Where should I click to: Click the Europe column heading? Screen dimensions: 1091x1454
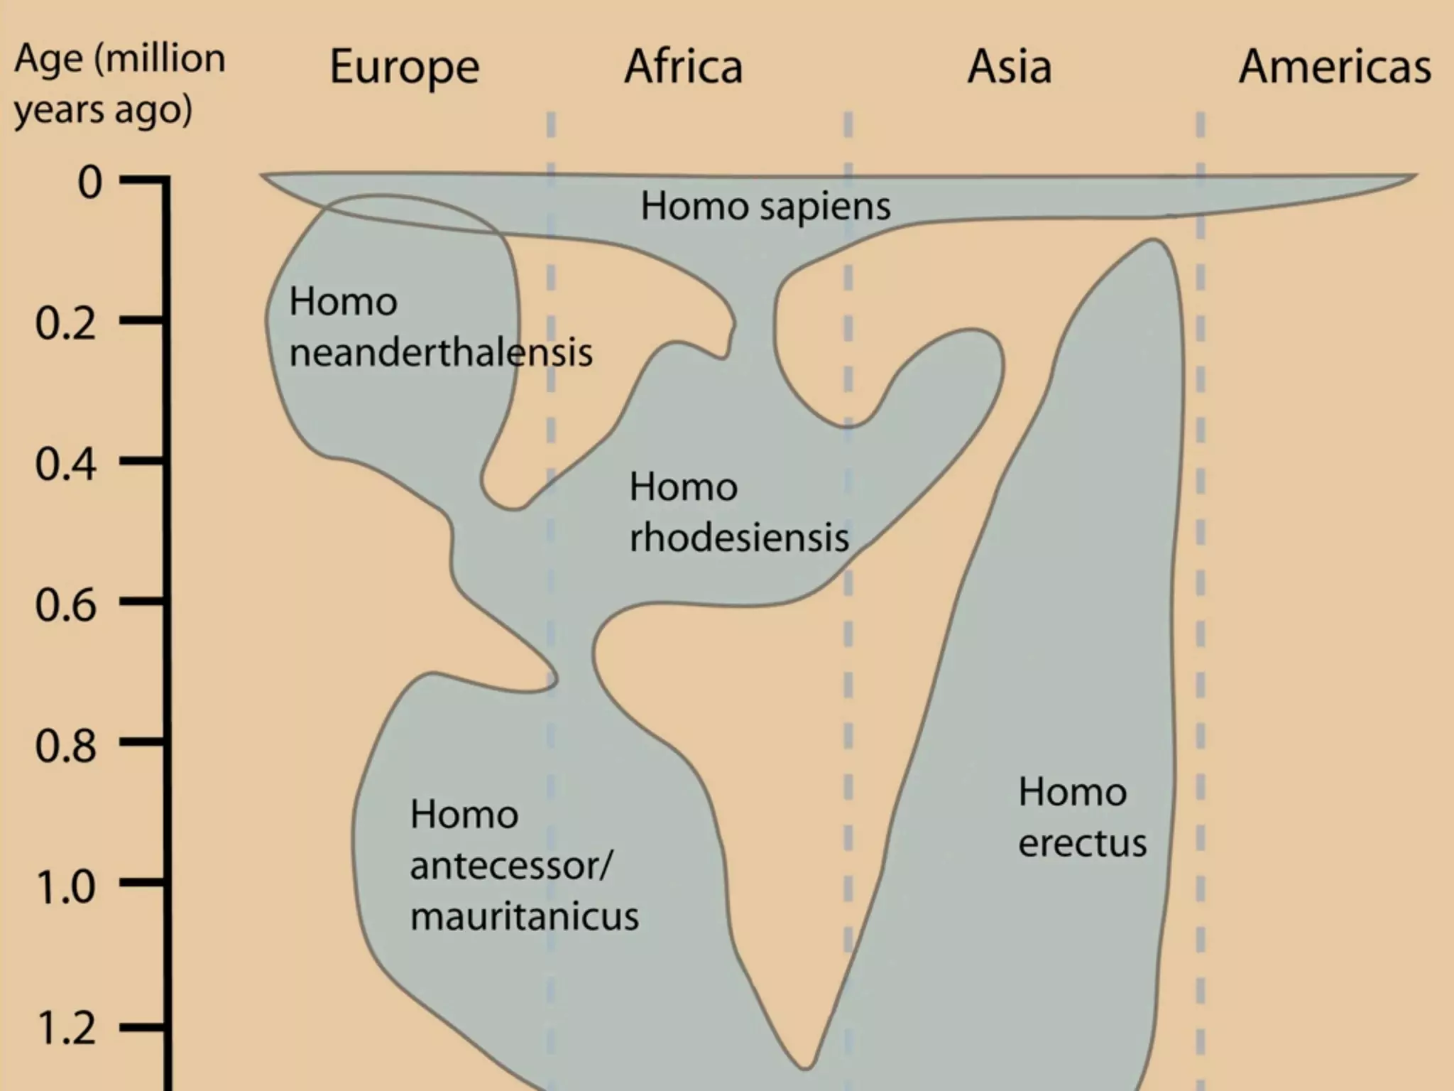pyautogui.click(x=405, y=68)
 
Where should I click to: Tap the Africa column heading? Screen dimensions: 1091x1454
pyautogui.click(x=684, y=67)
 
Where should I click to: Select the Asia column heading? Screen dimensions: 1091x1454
pyautogui.click(x=1009, y=67)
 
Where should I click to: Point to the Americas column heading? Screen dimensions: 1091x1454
pyautogui.click(x=1335, y=67)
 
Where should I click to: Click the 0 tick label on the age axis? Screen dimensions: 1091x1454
pyautogui.click(x=89, y=182)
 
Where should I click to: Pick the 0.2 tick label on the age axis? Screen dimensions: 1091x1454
pyautogui.click(x=65, y=324)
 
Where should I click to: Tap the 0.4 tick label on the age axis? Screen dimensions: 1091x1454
pyautogui.click(x=65, y=465)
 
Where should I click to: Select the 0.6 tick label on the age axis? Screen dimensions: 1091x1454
pyautogui.click(x=65, y=606)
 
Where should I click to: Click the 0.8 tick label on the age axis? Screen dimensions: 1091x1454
pyautogui.click(x=65, y=747)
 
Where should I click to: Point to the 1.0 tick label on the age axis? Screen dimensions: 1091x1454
pyautogui.click(x=65, y=887)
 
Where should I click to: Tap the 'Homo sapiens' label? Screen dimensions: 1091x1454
pyautogui.click(x=765, y=207)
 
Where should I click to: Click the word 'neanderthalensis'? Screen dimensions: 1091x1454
pyautogui.click(x=440, y=352)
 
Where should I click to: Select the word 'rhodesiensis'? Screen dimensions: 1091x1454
pyautogui.click(x=738, y=538)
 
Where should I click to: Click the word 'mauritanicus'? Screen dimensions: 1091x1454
pyautogui.click(x=524, y=916)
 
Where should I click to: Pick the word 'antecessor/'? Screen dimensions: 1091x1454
pyautogui.click(x=510, y=866)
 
